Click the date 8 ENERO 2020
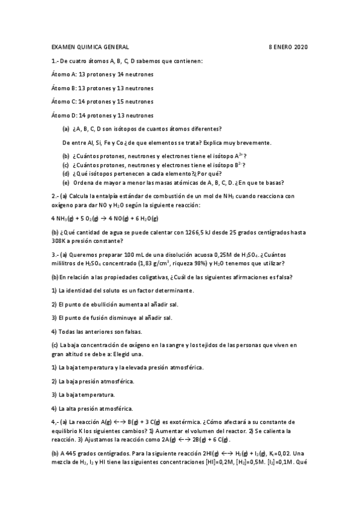pyautogui.click(x=288, y=46)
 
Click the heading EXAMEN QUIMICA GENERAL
pyautogui.click(x=90, y=46)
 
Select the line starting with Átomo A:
pyautogui.click(x=103, y=74)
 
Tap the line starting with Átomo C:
pyautogui.click(x=103, y=102)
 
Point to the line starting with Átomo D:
pyautogui.click(x=103, y=115)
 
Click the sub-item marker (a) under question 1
pyautogui.click(x=66, y=129)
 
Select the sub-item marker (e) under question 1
pyautogui.click(x=66, y=183)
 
